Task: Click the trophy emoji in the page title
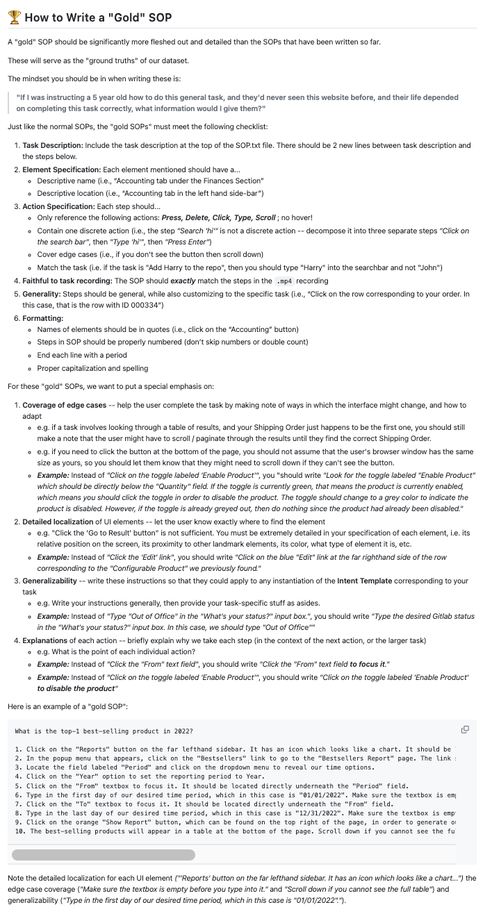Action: (x=15, y=17)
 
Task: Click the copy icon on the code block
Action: (x=465, y=729)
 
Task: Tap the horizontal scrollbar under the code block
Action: (x=104, y=854)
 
